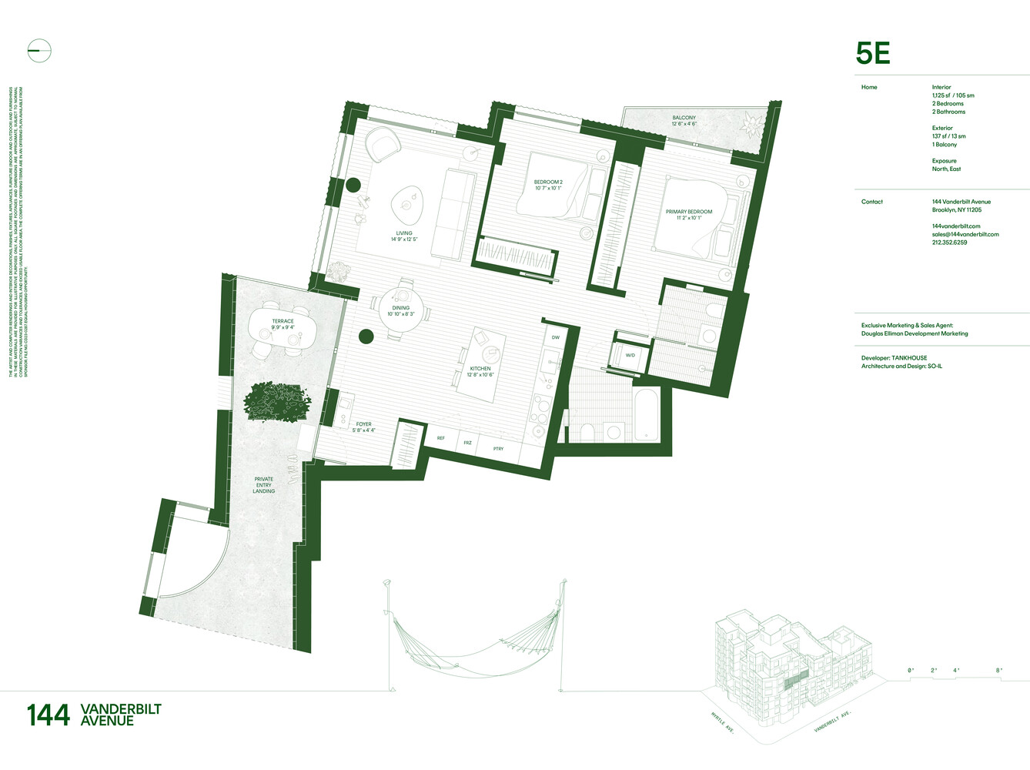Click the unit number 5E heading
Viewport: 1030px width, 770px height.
(873, 53)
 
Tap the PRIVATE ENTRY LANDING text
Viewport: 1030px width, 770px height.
(264, 485)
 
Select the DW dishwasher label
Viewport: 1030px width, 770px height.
(555, 337)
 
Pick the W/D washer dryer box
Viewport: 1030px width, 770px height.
(630, 355)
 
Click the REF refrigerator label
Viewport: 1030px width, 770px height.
(441, 438)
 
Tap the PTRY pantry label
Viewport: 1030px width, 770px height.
(498, 448)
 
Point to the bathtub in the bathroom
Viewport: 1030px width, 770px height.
(646, 415)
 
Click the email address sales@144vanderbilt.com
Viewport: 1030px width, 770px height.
(965, 234)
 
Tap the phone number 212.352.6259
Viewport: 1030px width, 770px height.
(949, 243)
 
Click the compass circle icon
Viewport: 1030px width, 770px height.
(39, 52)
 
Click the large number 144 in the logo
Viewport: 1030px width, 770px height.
(48, 715)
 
